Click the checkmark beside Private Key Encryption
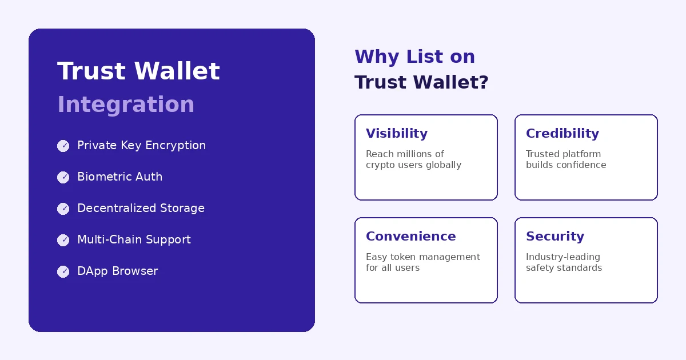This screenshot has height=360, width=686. (63, 146)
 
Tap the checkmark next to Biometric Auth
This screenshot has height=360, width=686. (63, 177)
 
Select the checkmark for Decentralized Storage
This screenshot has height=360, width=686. (63, 209)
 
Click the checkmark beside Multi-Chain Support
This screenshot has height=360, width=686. (63, 240)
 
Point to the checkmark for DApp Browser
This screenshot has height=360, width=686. (63, 271)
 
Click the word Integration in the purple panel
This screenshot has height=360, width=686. (126, 105)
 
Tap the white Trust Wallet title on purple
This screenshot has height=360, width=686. (138, 71)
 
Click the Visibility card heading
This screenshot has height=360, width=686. (396, 133)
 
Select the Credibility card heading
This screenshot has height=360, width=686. (562, 133)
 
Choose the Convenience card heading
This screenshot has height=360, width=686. (410, 236)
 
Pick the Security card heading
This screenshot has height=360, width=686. (555, 236)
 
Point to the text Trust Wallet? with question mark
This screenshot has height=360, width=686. (421, 82)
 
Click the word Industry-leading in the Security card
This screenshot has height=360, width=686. (563, 257)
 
